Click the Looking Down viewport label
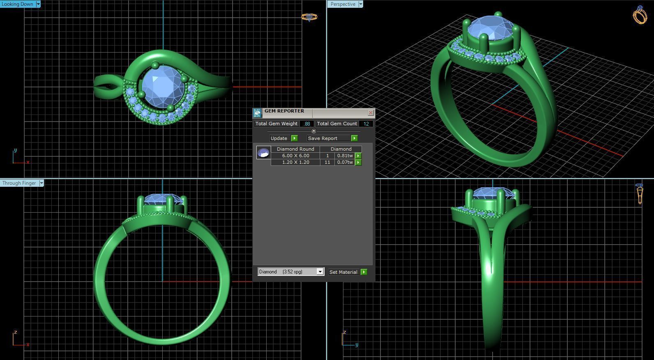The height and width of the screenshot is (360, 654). click(17, 4)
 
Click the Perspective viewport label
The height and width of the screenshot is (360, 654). click(343, 4)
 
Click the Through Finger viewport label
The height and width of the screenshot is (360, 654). click(19, 183)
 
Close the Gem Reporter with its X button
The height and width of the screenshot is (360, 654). click(371, 112)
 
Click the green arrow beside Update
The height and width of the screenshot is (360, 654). click(294, 138)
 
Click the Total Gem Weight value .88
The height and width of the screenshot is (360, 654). click(307, 124)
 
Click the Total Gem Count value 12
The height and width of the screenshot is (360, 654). click(366, 124)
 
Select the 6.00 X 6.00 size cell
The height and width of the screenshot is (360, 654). click(295, 156)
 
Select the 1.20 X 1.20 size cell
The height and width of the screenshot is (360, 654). click(295, 162)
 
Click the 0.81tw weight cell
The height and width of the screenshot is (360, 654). click(345, 156)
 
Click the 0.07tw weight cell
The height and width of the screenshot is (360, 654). click(345, 162)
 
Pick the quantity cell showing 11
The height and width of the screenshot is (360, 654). click(327, 162)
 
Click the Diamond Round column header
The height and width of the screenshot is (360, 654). click(295, 149)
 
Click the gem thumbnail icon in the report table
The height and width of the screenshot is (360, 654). click(263, 153)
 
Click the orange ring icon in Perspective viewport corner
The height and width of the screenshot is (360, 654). click(640, 15)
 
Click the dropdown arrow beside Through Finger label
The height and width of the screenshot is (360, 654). click(41, 183)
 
